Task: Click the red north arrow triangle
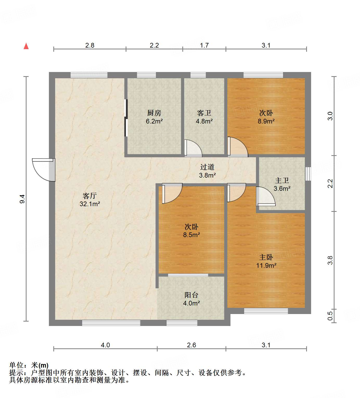[x=26, y=46]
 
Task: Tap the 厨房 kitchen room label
[x=154, y=117]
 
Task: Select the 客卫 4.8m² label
[x=204, y=117]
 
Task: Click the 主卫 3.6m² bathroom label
[x=282, y=184]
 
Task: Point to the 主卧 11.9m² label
[x=266, y=261]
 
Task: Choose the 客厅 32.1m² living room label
[x=90, y=200]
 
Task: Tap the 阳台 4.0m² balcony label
[x=191, y=299]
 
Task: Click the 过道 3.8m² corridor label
[x=207, y=171]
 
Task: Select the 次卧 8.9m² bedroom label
[x=266, y=117]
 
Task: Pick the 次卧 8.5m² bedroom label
[x=191, y=231]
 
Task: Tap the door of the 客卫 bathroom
[x=193, y=148]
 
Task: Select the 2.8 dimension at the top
[x=90, y=45]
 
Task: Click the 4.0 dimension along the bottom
[x=105, y=345]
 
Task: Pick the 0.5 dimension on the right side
[x=330, y=316]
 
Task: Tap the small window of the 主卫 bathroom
[x=308, y=174]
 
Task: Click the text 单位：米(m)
[x=29, y=365]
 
